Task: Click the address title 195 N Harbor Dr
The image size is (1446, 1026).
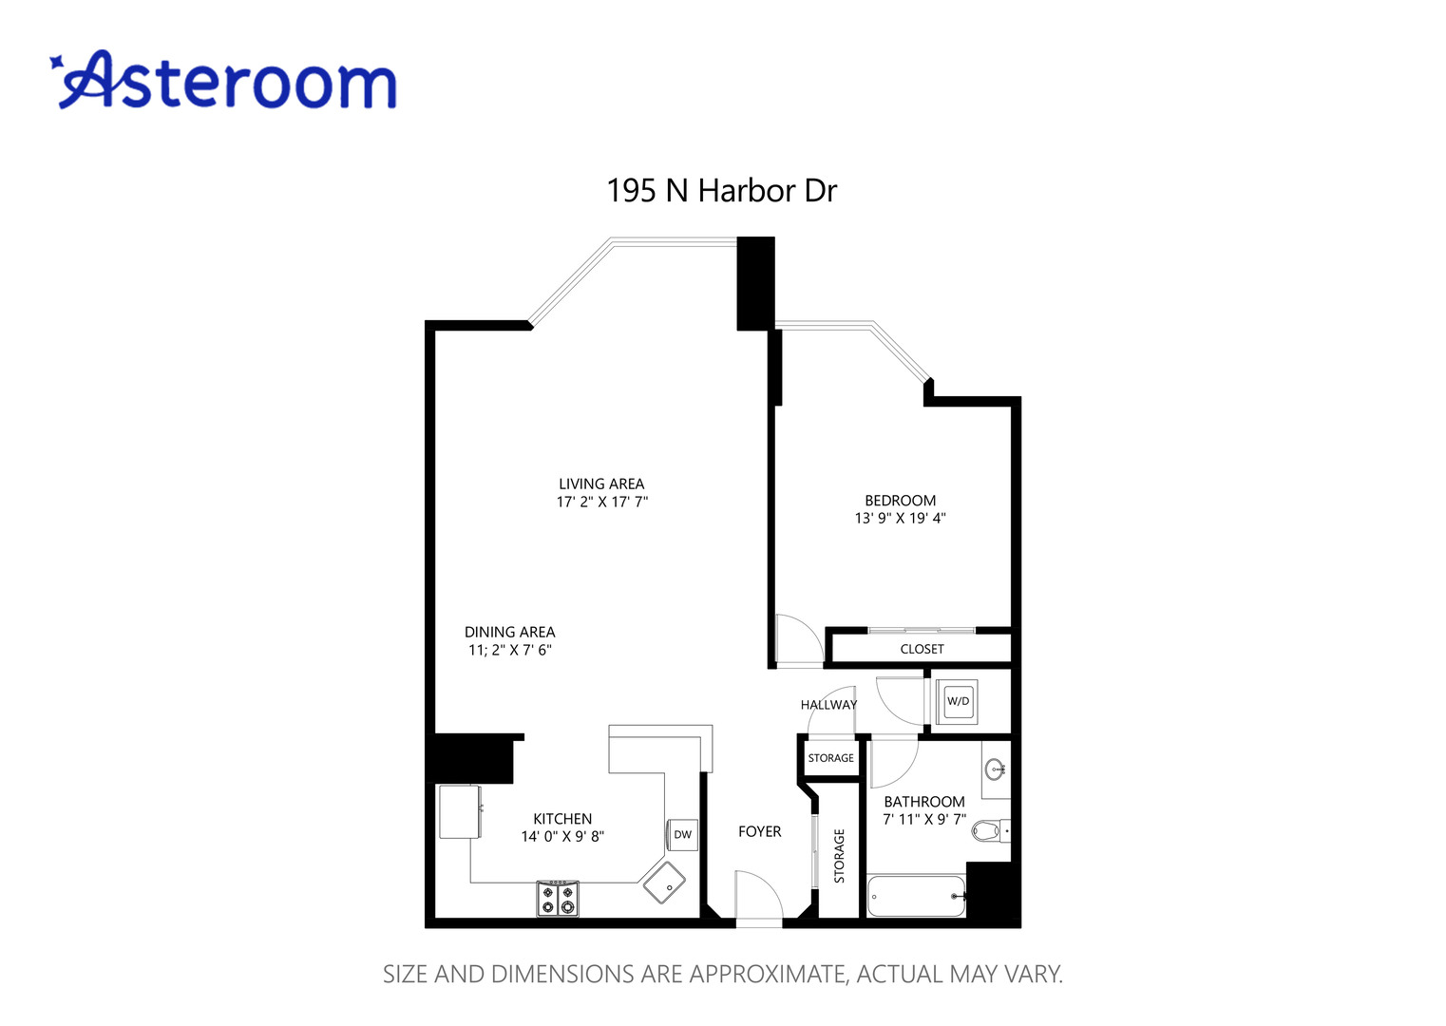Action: (x=722, y=191)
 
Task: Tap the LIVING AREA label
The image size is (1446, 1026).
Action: (x=601, y=484)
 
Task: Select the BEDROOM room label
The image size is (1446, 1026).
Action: (x=900, y=501)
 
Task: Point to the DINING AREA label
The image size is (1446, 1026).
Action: (x=509, y=632)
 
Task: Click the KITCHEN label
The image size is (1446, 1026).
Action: (x=562, y=819)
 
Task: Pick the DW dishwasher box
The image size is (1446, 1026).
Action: (x=682, y=835)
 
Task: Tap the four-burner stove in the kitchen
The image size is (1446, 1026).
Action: (x=558, y=898)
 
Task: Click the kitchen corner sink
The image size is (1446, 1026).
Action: (x=664, y=883)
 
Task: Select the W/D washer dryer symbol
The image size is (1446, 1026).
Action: (x=958, y=702)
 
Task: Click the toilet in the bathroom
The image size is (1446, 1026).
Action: (x=990, y=831)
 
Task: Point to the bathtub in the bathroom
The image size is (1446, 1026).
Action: (x=916, y=896)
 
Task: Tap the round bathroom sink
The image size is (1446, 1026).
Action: (x=996, y=768)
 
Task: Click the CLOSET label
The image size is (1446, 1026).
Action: (x=922, y=649)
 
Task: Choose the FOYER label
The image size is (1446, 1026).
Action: (x=759, y=831)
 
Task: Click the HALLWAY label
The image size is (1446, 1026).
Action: (x=828, y=705)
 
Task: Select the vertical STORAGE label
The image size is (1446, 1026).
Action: (x=839, y=856)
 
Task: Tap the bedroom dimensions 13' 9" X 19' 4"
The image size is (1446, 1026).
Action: (x=900, y=519)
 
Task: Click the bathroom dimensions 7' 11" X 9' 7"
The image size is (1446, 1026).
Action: (x=923, y=819)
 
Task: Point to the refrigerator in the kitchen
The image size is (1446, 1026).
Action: (x=459, y=811)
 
